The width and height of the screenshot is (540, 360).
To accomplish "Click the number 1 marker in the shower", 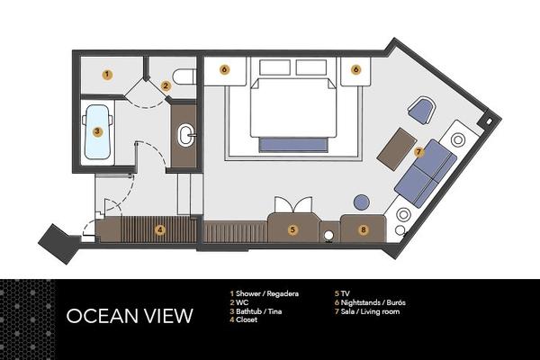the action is pyautogui.click(x=107, y=75).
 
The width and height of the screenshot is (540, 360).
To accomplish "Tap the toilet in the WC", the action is pyautogui.click(x=184, y=76).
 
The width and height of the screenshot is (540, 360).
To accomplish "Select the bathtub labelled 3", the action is pyautogui.click(x=97, y=132).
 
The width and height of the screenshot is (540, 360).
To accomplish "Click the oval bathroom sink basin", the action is pyautogui.click(x=186, y=136).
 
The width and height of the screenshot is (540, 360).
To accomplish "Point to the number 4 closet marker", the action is pyautogui.click(x=159, y=229).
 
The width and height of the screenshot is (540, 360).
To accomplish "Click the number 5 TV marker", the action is pyautogui.click(x=292, y=229).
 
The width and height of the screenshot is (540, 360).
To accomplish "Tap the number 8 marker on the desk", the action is pyautogui.click(x=364, y=229).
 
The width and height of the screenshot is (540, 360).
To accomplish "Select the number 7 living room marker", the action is pyautogui.click(x=418, y=151).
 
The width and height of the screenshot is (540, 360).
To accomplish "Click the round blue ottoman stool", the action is pyautogui.click(x=362, y=202).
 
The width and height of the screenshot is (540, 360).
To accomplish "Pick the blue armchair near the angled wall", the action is pyautogui.click(x=421, y=110).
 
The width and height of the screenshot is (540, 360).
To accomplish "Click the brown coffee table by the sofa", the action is pyautogui.click(x=397, y=148).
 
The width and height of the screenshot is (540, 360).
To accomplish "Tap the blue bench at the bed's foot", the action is pyautogui.click(x=293, y=145).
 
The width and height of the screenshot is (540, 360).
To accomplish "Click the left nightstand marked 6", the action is pyautogui.click(x=224, y=71).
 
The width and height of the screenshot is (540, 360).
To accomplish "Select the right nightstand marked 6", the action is pyautogui.click(x=355, y=71).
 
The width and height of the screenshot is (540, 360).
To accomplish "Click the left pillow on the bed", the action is pyautogui.click(x=274, y=67).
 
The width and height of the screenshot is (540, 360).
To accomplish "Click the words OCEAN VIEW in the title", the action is pyautogui.click(x=130, y=316).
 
